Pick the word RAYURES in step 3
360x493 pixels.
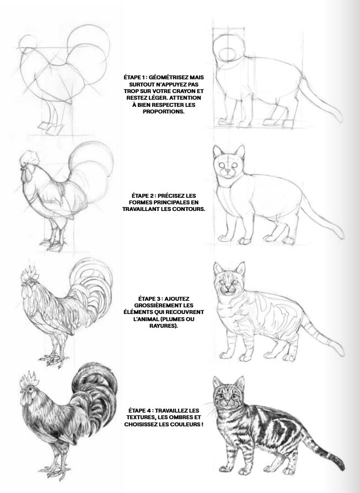[x=162, y=326]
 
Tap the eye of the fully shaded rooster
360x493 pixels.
[x=30, y=389]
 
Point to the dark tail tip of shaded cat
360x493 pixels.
[x=340, y=463]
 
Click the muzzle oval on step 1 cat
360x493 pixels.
[x=228, y=54]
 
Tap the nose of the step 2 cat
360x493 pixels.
[x=228, y=171]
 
